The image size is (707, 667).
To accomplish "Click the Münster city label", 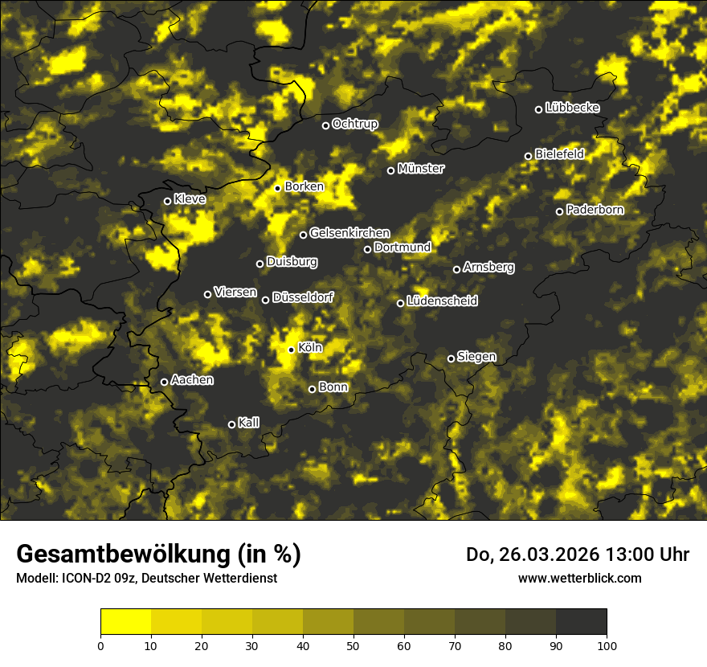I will tap(421, 169).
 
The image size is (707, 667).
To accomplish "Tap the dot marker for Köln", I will tap(292, 350).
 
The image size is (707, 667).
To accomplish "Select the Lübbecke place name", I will tap(572, 108).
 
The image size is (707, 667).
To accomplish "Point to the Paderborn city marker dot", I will tap(560, 211).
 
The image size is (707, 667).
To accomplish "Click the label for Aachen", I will tap(192, 380).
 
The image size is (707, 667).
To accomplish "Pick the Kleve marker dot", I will tap(168, 201).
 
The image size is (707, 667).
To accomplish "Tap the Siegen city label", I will tap(476, 357).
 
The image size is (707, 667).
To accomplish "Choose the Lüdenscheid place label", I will tap(442, 301).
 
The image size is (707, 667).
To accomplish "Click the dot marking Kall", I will tap(232, 424).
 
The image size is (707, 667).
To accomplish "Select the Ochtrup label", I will tap(354, 124).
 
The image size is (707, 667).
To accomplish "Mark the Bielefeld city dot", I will tap(529, 156).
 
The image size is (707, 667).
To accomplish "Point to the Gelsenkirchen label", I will tap(349, 233).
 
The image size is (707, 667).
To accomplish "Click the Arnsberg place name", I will tap(488, 268).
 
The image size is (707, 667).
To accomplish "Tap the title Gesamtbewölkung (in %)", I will tap(158, 554).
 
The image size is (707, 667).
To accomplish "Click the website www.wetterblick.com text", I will tap(579, 578).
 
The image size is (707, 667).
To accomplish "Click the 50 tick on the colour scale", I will tap(353, 644).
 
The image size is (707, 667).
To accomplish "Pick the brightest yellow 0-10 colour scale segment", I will tap(125, 622).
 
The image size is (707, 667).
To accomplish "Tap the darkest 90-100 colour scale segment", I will tap(581, 622).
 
